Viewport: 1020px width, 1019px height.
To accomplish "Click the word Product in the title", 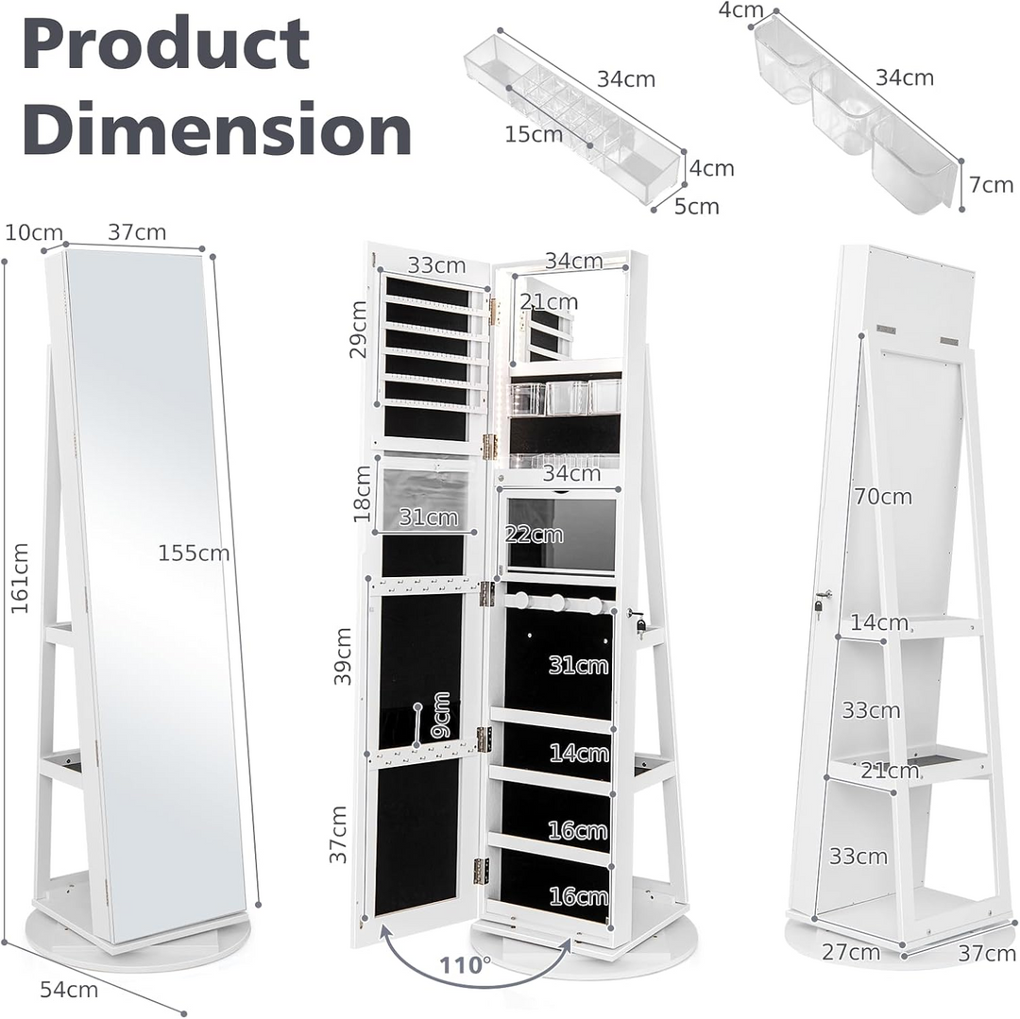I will click(x=166, y=45).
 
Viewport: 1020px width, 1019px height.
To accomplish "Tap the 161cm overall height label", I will click(x=20, y=577).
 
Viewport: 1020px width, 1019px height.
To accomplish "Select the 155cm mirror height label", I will click(x=194, y=553).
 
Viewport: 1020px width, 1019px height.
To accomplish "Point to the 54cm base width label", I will click(x=69, y=989).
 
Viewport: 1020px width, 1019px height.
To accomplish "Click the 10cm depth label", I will click(x=33, y=232).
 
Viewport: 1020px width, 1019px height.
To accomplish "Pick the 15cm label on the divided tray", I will click(x=534, y=134).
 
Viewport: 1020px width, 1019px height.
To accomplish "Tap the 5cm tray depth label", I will click(x=697, y=206).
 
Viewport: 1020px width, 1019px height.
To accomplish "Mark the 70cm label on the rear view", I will click(x=883, y=496).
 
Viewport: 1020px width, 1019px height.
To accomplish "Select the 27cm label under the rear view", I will click(x=851, y=952).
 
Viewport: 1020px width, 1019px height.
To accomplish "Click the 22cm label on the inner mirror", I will click(x=535, y=535).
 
